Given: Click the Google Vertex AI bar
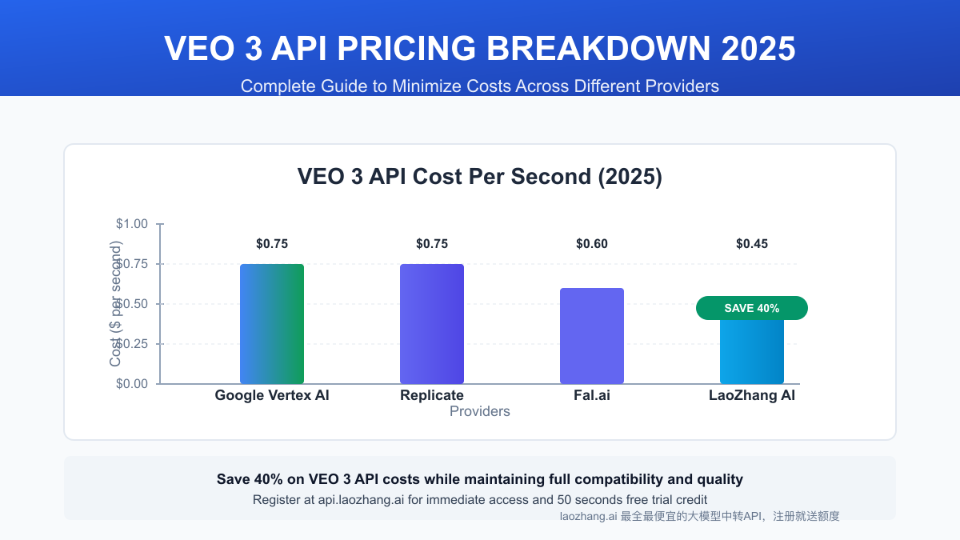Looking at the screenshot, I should [x=272, y=324].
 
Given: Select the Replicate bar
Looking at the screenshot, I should [x=432, y=324].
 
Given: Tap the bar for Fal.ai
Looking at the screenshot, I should [x=592, y=336].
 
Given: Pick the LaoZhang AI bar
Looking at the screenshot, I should [x=752, y=352].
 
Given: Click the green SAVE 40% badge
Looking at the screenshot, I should [x=752, y=308].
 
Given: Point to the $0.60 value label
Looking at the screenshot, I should [x=592, y=244].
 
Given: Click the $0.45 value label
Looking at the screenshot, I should [x=752, y=244].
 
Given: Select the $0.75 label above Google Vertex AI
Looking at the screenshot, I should [x=272, y=244].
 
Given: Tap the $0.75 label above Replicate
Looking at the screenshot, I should [x=432, y=244].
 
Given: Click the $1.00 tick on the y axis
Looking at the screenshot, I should [x=132, y=224].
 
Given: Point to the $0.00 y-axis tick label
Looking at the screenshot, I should [x=132, y=384].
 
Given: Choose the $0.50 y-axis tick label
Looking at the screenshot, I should [x=132, y=304].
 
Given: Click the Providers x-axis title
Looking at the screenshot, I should [x=480, y=411].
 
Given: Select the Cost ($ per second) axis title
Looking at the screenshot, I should [x=116, y=304].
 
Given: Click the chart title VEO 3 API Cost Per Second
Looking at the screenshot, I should [x=480, y=177].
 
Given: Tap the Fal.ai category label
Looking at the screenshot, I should [x=592, y=395].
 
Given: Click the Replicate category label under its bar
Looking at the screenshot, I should [x=432, y=395].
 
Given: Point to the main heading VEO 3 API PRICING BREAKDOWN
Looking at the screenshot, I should [x=480, y=49].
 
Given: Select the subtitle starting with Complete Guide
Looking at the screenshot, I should [x=480, y=86].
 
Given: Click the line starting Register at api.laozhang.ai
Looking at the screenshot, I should [x=480, y=500].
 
